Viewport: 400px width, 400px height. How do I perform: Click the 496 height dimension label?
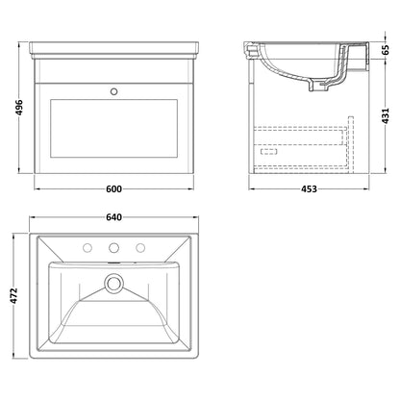[19, 108]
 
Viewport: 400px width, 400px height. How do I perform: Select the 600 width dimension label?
[113, 189]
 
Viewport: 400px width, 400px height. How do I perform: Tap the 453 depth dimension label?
[309, 189]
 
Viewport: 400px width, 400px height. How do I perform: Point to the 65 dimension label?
[386, 50]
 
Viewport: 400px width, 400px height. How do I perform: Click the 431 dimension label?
[386, 115]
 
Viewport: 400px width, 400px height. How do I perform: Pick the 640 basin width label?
[113, 217]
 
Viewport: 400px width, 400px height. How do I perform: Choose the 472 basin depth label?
[14, 296]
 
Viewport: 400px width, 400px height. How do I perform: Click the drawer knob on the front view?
[113, 91]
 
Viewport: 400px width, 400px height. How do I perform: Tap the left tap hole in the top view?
[87, 247]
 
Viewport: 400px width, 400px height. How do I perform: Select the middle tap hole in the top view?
[113, 247]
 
